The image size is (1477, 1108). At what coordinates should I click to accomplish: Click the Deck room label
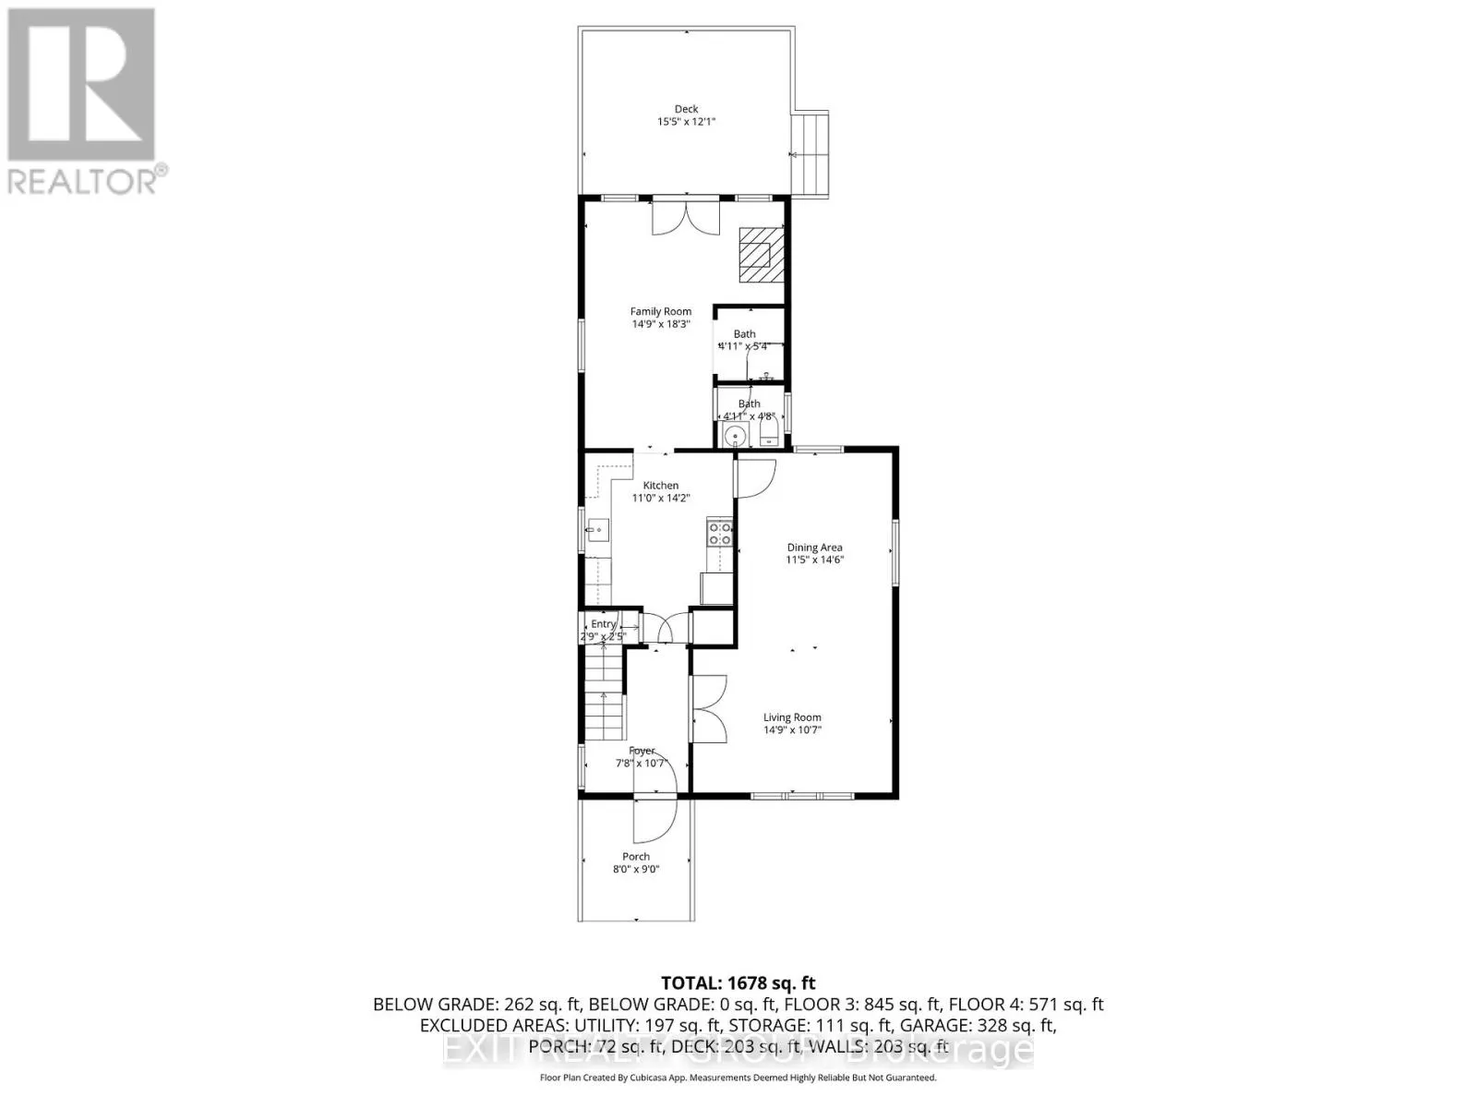[686, 109]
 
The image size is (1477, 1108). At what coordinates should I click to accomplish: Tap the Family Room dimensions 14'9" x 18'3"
[661, 324]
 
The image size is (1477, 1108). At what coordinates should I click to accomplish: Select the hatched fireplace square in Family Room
[761, 254]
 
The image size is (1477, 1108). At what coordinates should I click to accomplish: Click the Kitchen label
[661, 485]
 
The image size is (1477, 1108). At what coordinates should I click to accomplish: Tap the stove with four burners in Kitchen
[719, 533]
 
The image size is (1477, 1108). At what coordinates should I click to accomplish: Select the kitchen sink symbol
[596, 530]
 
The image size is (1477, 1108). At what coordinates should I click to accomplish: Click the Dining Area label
[814, 547]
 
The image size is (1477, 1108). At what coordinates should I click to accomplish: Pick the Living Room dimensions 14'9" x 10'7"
[792, 729]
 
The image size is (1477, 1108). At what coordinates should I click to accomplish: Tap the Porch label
[636, 856]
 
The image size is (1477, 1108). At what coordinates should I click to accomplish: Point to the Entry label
[603, 624]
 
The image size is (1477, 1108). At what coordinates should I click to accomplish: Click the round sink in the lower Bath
[736, 437]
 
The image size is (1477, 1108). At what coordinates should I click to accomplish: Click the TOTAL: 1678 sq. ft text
[738, 982]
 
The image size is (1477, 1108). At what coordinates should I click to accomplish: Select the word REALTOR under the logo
[81, 180]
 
